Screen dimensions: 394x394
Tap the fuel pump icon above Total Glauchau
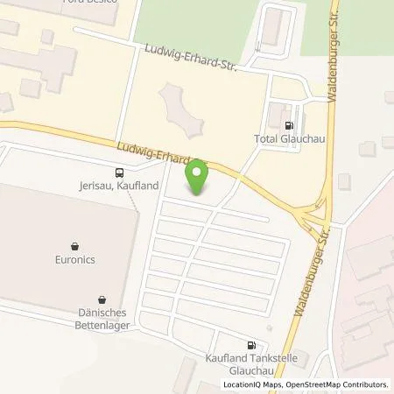[289, 123]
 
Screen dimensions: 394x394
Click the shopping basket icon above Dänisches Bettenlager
[102, 299]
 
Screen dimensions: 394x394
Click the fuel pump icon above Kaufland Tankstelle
[252, 345]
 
